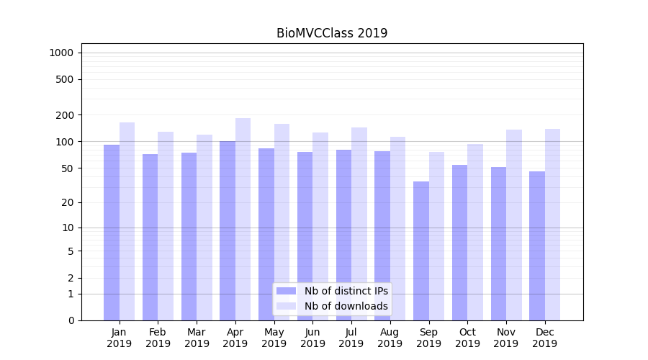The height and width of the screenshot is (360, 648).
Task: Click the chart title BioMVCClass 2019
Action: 332,33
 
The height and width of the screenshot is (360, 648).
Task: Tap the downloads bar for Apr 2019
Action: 243,219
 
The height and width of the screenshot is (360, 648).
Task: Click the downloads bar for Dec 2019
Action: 552,224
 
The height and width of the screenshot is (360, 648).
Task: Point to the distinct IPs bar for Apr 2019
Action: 228,230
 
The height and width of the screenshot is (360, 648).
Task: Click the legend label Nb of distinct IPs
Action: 346,291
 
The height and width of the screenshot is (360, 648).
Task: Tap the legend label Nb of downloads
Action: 346,306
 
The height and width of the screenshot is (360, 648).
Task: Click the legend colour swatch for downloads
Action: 287,306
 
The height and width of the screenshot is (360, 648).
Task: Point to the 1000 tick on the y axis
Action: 61,53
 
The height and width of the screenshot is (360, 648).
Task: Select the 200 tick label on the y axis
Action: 65,115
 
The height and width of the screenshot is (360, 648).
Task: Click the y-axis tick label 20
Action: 68,202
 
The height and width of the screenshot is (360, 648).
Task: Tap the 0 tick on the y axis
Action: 71,320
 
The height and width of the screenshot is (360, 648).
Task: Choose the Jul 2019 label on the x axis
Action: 351,338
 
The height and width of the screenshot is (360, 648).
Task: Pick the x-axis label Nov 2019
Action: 506,338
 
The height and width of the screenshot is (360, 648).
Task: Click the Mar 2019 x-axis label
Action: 197,338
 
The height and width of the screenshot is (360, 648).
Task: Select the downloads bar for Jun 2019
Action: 320,226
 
